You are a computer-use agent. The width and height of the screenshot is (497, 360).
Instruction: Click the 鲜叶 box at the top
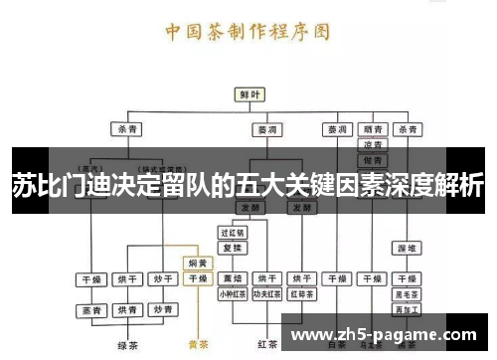click(x=248, y=93)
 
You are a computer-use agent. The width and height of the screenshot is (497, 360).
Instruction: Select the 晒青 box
click(x=372, y=129)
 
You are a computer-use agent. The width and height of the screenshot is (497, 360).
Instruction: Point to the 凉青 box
click(x=372, y=144)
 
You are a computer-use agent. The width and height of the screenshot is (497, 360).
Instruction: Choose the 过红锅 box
click(x=231, y=232)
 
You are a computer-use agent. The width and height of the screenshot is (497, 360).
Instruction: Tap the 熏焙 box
click(x=232, y=278)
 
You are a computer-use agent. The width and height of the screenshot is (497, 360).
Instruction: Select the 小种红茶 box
click(x=232, y=293)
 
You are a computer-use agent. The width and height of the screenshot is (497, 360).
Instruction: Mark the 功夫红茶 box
click(x=265, y=293)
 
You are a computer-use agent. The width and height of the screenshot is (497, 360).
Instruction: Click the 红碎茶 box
click(x=300, y=293)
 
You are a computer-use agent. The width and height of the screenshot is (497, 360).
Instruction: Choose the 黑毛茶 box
click(x=407, y=293)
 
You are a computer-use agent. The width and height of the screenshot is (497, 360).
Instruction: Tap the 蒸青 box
click(x=92, y=310)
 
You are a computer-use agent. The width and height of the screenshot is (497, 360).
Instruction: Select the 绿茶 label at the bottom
click(x=126, y=346)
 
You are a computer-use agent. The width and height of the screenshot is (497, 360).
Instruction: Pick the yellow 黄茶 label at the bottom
click(x=198, y=346)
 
